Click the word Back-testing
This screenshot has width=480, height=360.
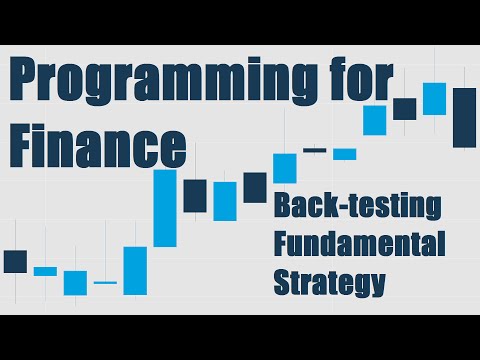358,208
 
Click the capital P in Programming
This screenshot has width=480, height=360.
23,80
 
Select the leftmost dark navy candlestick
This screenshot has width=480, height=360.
15,261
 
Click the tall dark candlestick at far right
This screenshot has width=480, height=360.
464,118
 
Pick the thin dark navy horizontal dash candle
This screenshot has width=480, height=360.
315,150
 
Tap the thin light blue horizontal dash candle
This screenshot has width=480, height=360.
105,283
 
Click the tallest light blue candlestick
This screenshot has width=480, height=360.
164,208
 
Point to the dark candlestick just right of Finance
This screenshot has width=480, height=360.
195,195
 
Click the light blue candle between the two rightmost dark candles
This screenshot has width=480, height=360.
434,98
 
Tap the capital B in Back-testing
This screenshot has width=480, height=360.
283,208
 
